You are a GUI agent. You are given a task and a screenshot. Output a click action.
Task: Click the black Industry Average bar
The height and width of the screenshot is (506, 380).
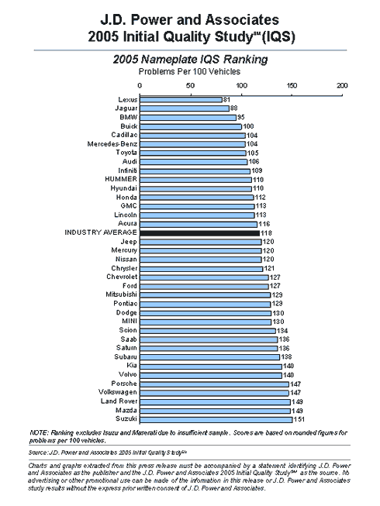tap(199, 233)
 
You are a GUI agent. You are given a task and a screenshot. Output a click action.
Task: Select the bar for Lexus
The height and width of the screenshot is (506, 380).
tap(181, 100)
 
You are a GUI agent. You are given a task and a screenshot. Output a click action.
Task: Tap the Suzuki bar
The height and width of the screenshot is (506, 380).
tap(216, 420)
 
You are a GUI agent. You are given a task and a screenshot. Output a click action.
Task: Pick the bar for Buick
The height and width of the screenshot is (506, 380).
tap(191, 126)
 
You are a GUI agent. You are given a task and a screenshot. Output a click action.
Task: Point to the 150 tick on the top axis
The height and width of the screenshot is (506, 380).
tap(292, 95)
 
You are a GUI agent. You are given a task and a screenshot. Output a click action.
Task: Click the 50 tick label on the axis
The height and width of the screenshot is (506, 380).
tap(191, 85)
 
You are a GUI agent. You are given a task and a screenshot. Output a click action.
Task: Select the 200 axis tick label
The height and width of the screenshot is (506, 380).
tap(342, 85)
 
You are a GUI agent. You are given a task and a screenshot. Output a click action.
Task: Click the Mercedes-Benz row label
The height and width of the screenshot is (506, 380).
tap(112, 144)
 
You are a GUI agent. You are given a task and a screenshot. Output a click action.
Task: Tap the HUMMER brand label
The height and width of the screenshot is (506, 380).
tap(121, 179)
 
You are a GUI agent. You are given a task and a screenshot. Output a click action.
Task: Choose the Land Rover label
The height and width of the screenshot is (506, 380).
tap(119, 401)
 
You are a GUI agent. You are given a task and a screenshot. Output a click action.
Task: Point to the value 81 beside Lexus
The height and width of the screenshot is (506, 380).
tap(226, 100)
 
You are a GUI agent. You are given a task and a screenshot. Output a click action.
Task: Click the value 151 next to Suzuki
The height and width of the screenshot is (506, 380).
tap(299, 419)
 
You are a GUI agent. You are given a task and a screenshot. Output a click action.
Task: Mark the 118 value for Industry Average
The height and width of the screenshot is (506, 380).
tap(266, 233)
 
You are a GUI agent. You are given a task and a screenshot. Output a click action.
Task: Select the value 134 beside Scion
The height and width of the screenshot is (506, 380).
tap(282, 331)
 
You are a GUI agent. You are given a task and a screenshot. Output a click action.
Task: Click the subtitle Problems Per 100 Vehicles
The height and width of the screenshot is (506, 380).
tap(189, 71)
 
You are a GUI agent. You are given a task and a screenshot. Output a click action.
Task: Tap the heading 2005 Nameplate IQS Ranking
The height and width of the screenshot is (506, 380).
tap(190, 60)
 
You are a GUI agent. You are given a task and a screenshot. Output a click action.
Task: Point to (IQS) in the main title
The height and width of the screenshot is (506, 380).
tap(278, 36)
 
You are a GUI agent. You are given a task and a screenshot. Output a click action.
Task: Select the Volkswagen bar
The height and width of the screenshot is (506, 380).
tap(214, 393)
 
